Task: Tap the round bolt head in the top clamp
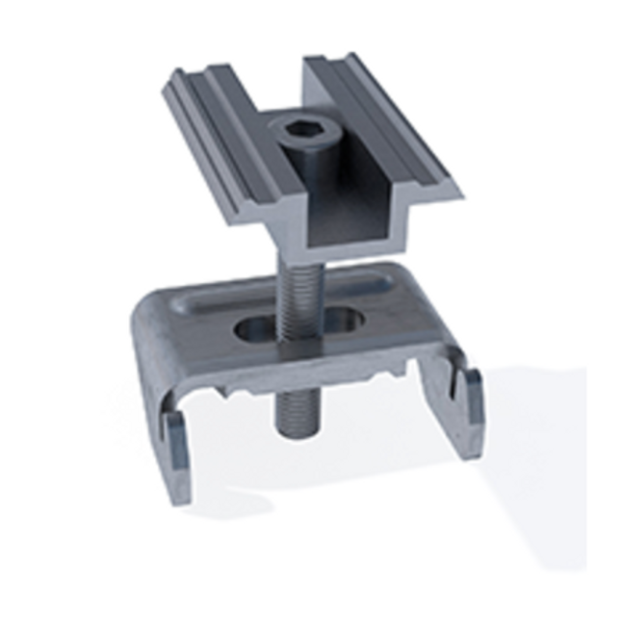click(x=299, y=135)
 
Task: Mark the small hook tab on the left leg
click(x=174, y=438)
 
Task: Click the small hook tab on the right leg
click(x=466, y=385)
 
